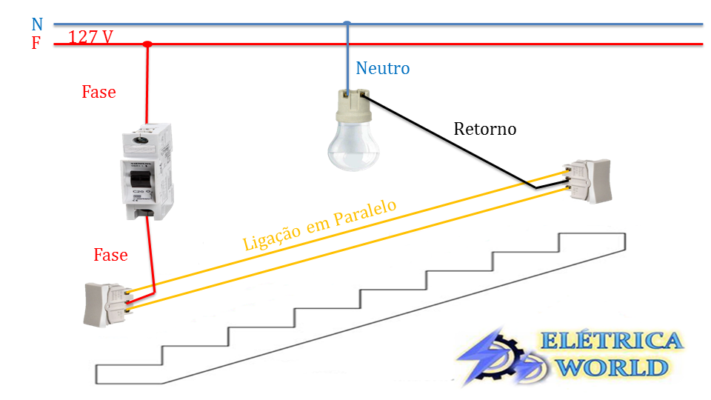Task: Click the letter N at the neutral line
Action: [37, 25]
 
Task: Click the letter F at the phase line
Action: [36, 44]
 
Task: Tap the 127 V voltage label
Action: [90, 36]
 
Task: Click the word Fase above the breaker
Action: [99, 92]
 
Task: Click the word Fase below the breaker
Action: [110, 255]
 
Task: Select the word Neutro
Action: [382, 69]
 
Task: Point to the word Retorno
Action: [484, 129]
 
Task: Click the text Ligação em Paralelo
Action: [320, 225]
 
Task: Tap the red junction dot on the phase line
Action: [147, 44]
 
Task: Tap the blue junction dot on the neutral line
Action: [347, 24]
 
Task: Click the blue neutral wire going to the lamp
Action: [347, 59]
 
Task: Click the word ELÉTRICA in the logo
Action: [612, 341]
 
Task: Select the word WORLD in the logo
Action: [612, 367]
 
